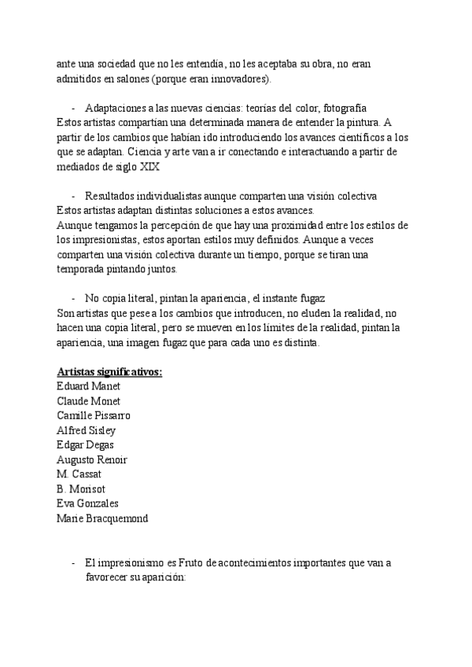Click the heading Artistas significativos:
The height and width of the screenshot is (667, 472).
tap(109, 372)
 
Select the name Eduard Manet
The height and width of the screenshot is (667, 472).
tap(87, 386)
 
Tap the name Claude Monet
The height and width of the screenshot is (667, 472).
tap(88, 401)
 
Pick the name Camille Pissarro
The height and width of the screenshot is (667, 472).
tap(94, 415)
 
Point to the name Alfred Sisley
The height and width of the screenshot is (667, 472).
tap(87, 430)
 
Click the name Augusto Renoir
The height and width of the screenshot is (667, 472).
tap(92, 459)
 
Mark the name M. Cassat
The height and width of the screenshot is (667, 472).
tap(79, 474)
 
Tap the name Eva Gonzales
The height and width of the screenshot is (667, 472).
tap(87, 503)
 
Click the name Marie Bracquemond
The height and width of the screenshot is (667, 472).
tap(101, 518)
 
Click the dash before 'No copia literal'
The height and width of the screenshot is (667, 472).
tap(73, 298)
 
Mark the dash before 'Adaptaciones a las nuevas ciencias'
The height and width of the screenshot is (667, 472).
tap(73, 108)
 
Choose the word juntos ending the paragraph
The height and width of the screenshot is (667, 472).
tap(161, 269)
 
